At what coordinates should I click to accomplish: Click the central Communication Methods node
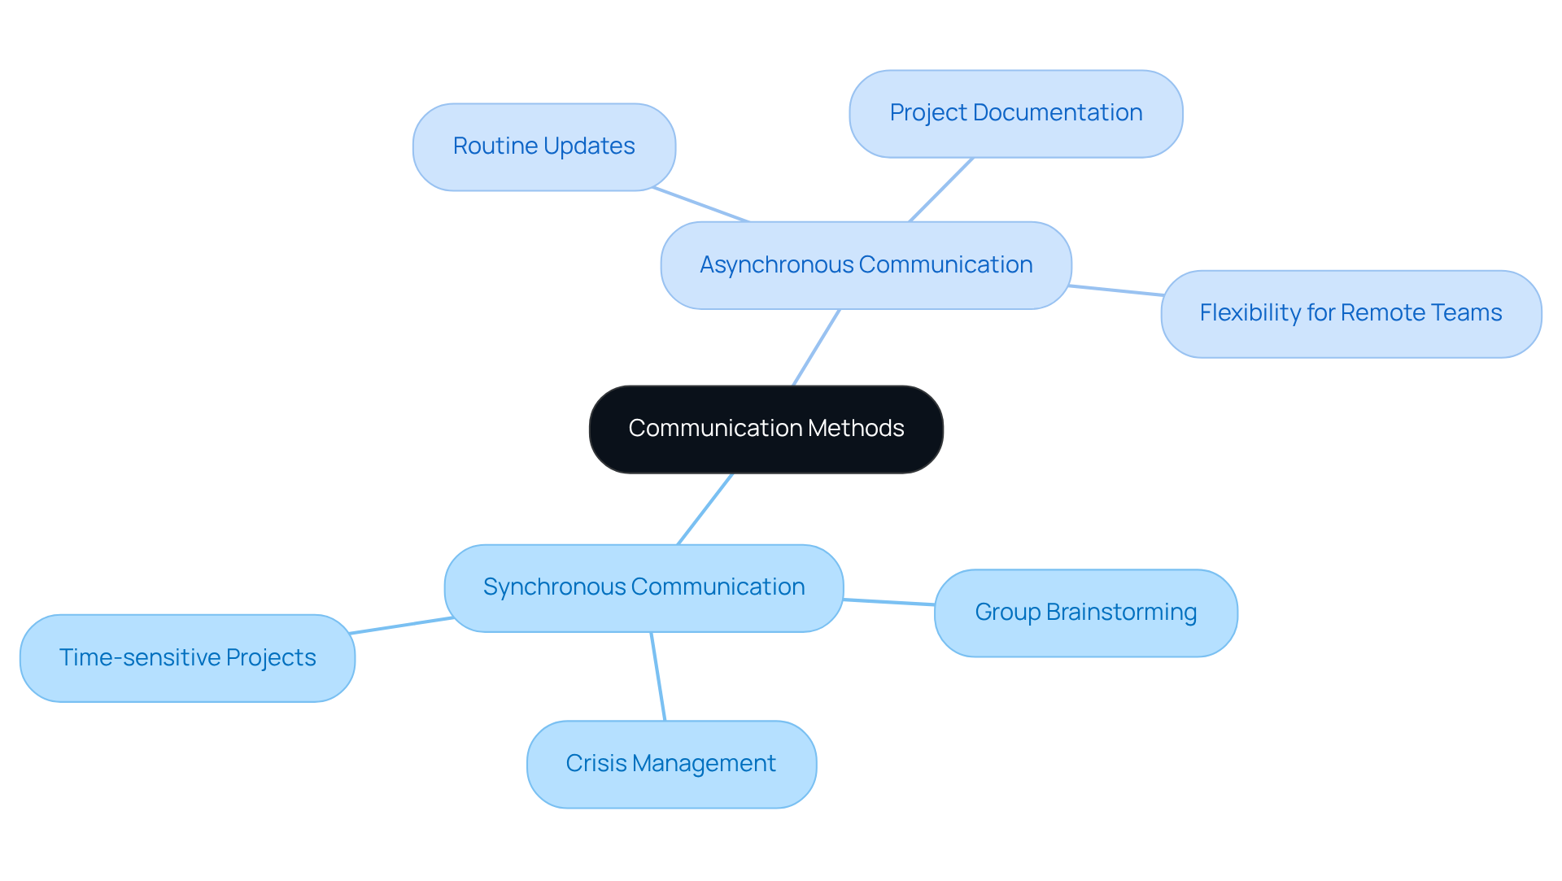[x=766, y=429]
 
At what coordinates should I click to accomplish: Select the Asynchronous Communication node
[x=866, y=265]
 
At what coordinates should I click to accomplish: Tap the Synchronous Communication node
[x=644, y=587]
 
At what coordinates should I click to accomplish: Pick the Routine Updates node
[x=543, y=146]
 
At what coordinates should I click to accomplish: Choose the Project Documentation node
[x=1015, y=113]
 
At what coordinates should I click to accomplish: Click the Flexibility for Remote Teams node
[x=1350, y=313]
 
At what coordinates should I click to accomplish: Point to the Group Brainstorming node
[x=1085, y=613]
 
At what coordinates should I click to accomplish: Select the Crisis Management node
[x=670, y=764]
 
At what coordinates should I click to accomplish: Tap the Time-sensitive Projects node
[x=187, y=657]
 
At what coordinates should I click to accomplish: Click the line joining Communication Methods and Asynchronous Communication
[x=816, y=347]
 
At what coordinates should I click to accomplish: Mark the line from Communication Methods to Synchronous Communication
[x=705, y=508]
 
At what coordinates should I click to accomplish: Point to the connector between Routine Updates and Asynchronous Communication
[x=700, y=204]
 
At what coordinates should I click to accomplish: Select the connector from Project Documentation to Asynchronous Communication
[x=941, y=190]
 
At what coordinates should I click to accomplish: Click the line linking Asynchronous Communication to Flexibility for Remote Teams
[x=1116, y=290]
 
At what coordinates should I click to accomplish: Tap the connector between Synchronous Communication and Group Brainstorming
[x=888, y=602]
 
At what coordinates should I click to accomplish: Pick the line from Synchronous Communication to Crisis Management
[x=658, y=676]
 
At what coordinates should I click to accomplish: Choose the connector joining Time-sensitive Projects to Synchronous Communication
[x=401, y=626]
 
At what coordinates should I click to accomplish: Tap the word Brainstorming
[x=1121, y=613]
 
